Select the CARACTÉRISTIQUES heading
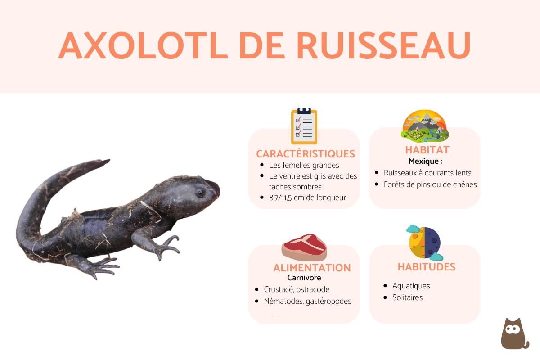click(x=306, y=154)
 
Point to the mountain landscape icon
click(x=425, y=126)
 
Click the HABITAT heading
click(x=427, y=150)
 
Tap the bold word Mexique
click(x=423, y=161)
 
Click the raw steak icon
click(x=305, y=247)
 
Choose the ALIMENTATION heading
click(x=312, y=268)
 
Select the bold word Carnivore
click(x=304, y=278)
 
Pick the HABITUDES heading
click(x=427, y=267)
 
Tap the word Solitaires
click(x=408, y=297)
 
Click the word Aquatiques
click(x=411, y=286)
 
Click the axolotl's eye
click(x=200, y=193)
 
